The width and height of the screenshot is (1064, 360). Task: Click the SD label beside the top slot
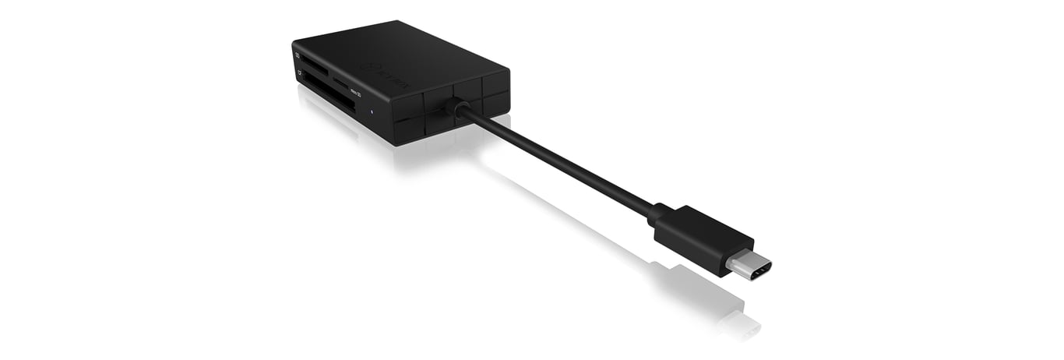pos(298,55)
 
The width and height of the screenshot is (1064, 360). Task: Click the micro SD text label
pos(355,93)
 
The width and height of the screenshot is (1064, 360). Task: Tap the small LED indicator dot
pos(371,110)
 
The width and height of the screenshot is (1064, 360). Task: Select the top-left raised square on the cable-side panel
pos(407,104)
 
